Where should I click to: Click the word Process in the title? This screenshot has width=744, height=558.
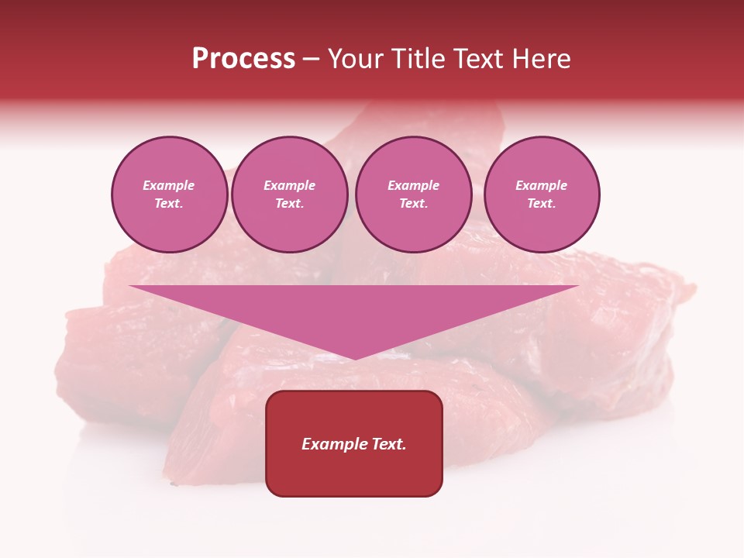[243, 59]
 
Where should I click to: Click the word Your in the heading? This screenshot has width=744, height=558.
[357, 59]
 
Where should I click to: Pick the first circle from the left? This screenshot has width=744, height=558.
[169, 195]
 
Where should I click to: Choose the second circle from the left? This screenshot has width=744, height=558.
[289, 195]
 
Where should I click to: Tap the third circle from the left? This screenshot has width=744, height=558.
[413, 195]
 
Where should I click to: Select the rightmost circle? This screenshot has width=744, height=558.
[541, 195]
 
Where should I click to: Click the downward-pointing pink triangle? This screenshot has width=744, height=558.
[354, 310]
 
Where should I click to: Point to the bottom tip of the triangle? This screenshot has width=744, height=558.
[354, 358]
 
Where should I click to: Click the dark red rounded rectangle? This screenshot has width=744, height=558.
[354, 443]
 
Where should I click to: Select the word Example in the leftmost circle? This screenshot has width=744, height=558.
[169, 185]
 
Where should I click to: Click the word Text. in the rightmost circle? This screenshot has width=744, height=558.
[541, 204]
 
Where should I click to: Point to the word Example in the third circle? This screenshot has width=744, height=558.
[413, 185]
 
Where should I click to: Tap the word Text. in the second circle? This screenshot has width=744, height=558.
[289, 204]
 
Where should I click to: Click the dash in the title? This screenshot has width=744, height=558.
[311, 60]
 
